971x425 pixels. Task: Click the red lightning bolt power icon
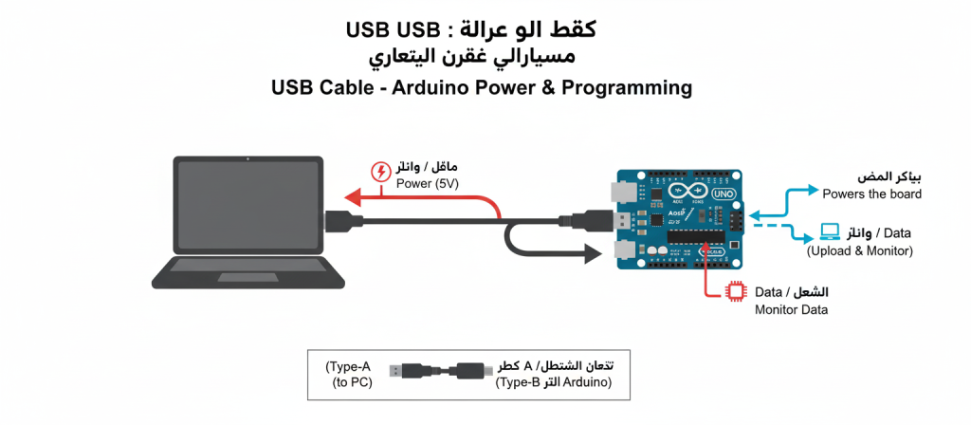(380, 172)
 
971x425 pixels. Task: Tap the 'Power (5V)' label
(426, 185)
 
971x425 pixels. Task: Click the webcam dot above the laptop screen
(247, 159)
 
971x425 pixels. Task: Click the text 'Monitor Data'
(791, 310)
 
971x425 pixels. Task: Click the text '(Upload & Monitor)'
(859, 251)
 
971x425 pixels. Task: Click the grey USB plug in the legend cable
(409, 371)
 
